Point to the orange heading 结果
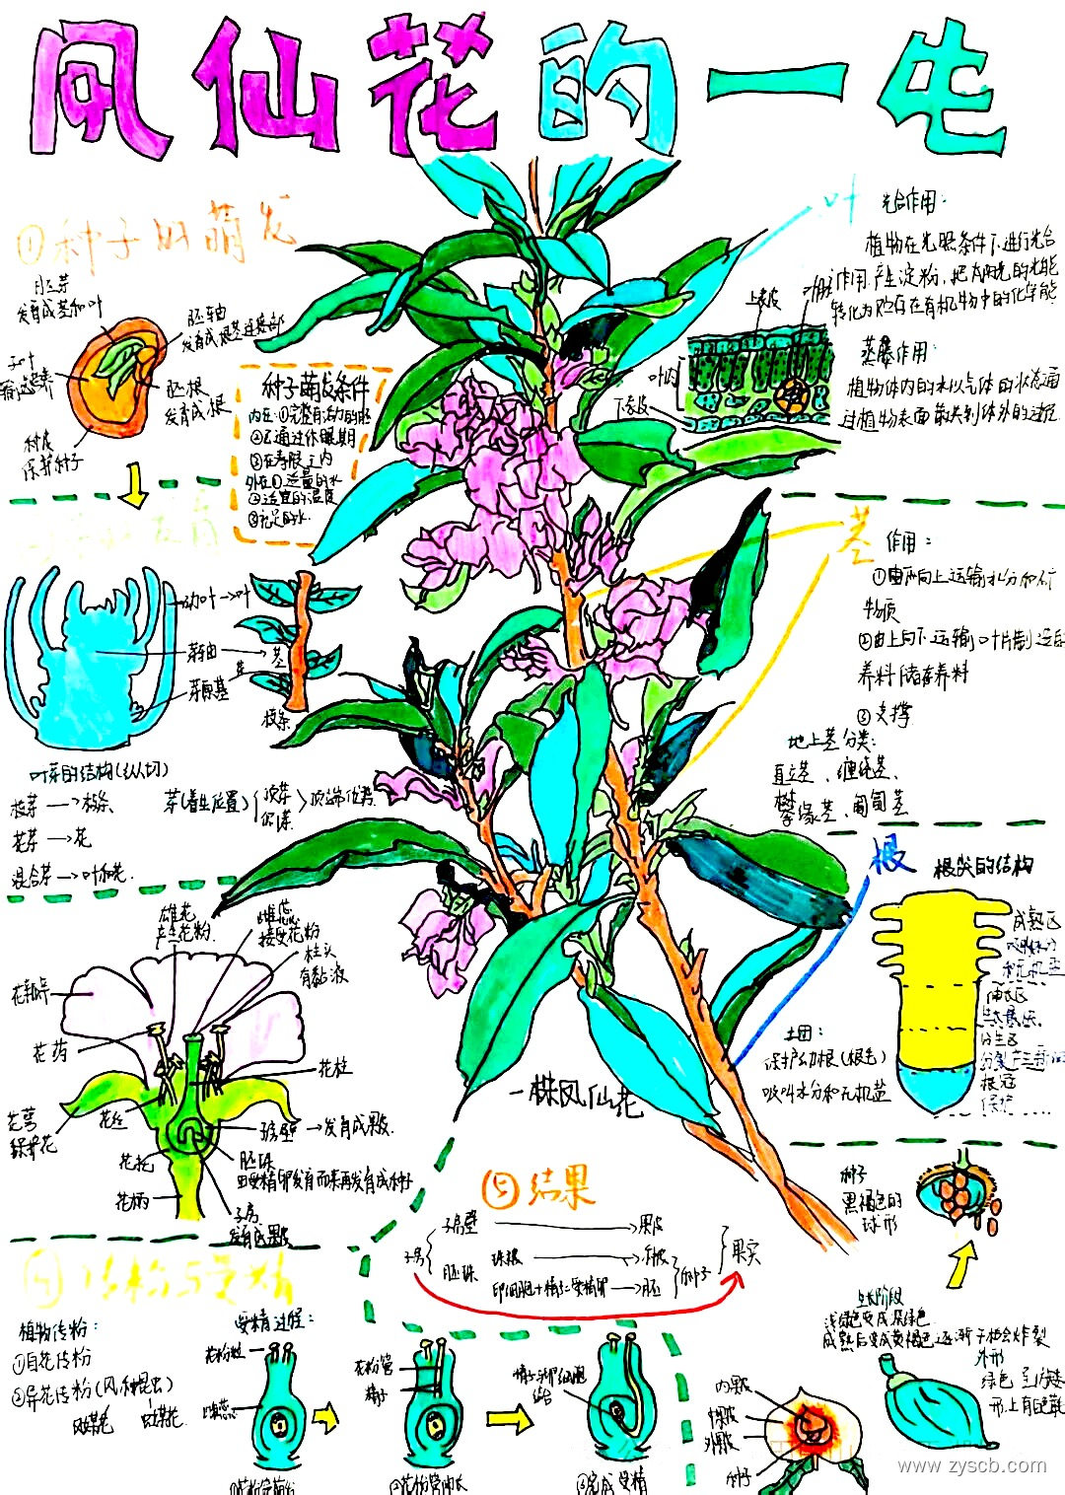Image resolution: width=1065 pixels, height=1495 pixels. pyautogui.click(x=540, y=1189)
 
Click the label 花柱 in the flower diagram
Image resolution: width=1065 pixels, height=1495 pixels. pyautogui.click(x=333, y=1068)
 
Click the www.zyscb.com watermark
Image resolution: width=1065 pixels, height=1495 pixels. pyautogui.click(x=970, y=1466)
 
